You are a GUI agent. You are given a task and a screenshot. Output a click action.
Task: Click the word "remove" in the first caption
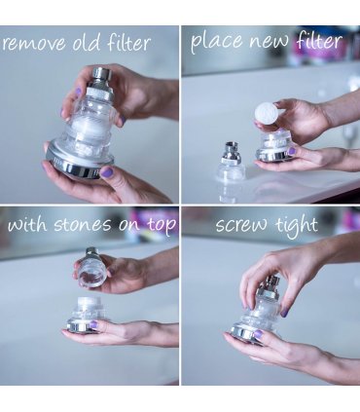(x=32, y=44)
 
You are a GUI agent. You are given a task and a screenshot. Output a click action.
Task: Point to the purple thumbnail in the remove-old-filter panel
(x=107, y=171)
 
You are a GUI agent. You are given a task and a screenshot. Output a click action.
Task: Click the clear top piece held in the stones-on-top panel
(x=92, y=268)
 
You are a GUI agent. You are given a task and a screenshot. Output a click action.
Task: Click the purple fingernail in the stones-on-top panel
(x=93, y=324)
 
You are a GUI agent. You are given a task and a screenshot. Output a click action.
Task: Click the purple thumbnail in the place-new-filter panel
(x=291, y=151)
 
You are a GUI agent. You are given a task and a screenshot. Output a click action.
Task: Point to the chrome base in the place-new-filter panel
(x=271, y=156)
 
